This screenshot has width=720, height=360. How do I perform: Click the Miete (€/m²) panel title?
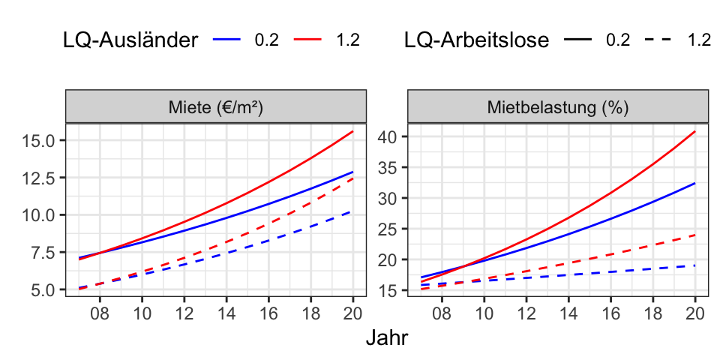[216, 106]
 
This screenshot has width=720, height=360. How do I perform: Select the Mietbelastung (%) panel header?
[558, 106]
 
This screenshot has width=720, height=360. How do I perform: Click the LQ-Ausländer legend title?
[130, 40]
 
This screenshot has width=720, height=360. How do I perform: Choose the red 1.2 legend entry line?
[309, 40]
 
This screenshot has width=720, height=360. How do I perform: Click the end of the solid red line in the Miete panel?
[353, 131]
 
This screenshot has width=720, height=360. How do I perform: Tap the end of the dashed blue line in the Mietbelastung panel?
[695, 265]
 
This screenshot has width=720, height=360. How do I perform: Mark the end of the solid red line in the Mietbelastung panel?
[695, 131]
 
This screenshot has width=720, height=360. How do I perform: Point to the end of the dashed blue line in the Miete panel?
[353, 211]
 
